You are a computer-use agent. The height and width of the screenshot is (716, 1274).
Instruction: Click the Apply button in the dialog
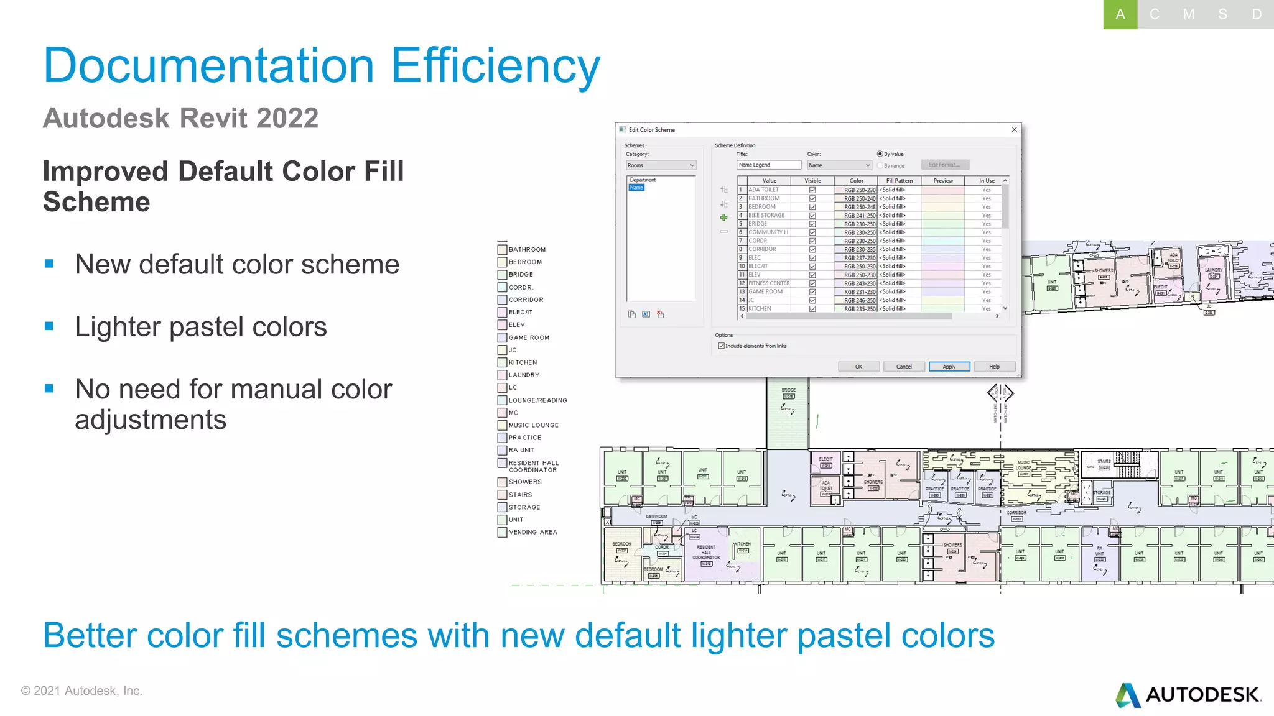click(949, 367)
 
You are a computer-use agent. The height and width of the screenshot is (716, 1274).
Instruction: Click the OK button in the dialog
click(858, 367)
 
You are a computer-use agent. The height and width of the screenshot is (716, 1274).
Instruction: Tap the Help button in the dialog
click(994, 367)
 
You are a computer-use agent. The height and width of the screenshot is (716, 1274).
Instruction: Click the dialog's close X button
click(1015, 129)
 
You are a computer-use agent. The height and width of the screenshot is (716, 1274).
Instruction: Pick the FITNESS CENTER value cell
click(769, 283)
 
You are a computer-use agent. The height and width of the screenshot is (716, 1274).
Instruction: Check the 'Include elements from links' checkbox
click(722, 346)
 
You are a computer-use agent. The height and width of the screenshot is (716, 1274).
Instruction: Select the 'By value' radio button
click(880, 154)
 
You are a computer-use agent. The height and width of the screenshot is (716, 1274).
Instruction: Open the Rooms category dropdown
click(661, 165)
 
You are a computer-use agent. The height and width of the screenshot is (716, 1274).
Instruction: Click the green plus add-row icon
click(723, 218)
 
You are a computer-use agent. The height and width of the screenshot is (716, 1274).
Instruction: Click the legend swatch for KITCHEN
click(502, 362)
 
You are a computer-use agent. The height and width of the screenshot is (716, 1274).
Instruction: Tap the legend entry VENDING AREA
click(532, 532)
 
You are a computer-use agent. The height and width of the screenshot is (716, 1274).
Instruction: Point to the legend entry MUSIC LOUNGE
click(533, 425)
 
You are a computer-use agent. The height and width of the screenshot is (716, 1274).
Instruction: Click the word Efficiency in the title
click(495, 66)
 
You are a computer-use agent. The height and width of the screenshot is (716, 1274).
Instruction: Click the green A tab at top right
click(1120, 14)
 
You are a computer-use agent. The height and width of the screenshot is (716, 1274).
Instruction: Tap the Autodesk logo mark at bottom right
click(1127, 695)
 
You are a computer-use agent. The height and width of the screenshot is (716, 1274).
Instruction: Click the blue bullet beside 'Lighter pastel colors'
click(49, 326)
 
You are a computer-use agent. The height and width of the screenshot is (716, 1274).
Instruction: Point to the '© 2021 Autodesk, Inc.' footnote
click(81, 691)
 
